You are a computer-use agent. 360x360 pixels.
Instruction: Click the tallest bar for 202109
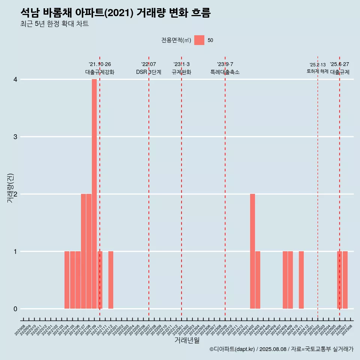coord(94,194)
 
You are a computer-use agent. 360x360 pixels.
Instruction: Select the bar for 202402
coord(252,251)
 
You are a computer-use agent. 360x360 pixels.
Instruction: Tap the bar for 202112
coord(111,280)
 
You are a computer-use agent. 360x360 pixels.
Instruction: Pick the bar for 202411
coord(301,280)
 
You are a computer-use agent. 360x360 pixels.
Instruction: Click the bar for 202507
coord(345,280)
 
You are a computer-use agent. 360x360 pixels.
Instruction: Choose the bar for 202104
coord(67,280)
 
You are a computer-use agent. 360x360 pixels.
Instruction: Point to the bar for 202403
coord(258,280)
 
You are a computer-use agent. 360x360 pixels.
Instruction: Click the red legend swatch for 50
coord(199,40)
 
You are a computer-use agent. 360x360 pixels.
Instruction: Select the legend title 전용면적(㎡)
coord(176,40)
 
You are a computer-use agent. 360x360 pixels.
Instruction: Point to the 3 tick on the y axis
coord(15,137)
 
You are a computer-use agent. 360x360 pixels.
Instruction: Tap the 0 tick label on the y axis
coord(15,309)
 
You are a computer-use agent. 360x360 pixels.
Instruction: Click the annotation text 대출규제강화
coord(100,72)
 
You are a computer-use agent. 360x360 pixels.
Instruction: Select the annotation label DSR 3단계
coord(148,72)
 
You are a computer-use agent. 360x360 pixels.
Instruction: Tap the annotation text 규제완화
coord(181,72)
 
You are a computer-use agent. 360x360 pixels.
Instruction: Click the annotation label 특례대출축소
coord(225,72)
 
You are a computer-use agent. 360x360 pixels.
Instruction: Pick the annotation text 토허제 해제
coord(318,71)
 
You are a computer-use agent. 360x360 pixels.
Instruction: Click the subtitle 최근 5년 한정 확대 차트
coord(55,24)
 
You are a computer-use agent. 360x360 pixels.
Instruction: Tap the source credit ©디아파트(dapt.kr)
coord(232,349)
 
